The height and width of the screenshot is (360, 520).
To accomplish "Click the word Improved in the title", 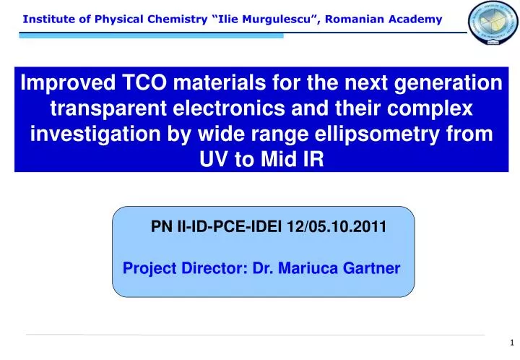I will pyautogui.click(x=65, y=84).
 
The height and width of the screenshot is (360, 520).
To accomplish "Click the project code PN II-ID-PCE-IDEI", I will pyautogui.click(x=217, y=227).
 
